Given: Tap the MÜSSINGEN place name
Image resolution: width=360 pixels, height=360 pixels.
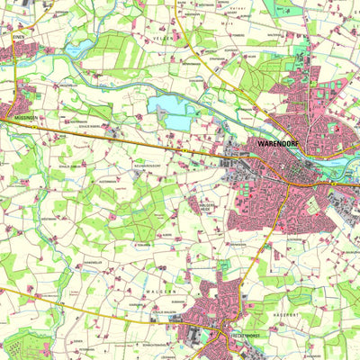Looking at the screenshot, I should [22, 118].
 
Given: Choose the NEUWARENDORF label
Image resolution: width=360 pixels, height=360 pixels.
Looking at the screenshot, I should [146, 167].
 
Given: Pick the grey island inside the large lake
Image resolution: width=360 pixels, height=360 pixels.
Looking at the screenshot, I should [162, 107].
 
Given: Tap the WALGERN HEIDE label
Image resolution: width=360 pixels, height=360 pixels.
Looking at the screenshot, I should [210, 205].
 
